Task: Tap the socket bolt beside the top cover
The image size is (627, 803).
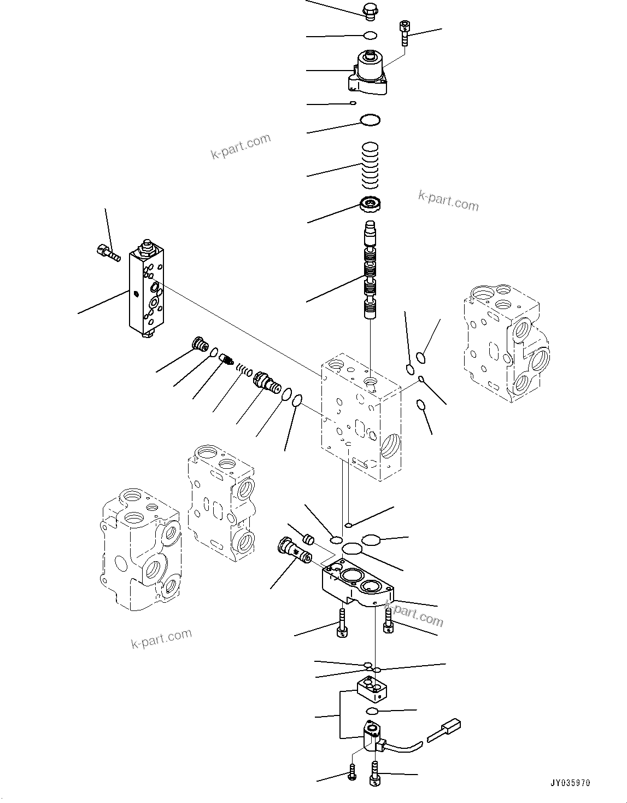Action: pos(405,32)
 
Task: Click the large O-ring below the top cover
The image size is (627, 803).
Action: pos(370,120)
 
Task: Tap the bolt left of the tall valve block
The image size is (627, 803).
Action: pos(107,253)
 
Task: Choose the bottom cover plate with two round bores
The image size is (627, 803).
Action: pos(358,584)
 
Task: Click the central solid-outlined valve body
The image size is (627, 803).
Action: pos(361,416)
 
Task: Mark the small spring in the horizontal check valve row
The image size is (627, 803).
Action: pos(244,371)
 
